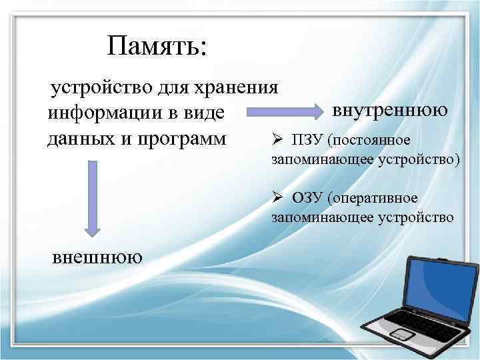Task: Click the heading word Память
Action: pyautogui.click(x=157, y=47)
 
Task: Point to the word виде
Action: pyautogui.click(x=205, y=113)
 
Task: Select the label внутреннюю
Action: pyautogui.click(x=390, y=109)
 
